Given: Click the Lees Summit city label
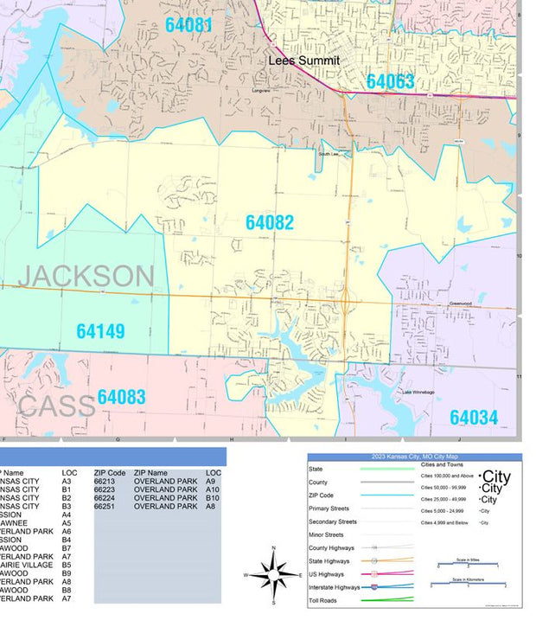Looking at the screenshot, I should (x=303, y=61).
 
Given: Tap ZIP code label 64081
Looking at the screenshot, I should (x=188, y=24).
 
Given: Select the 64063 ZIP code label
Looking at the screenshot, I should (x=390, y=81).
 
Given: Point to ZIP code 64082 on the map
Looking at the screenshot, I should (x=270, y=222).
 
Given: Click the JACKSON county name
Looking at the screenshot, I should (x=86, y=276).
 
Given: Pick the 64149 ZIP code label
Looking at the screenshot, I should (x=100, y=331).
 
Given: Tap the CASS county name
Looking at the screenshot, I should (x=56, y=406).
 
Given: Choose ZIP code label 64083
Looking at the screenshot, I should (x=121, y=397).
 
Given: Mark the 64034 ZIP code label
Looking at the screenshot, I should (x=474, y=418).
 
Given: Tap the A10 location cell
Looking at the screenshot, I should (x=214, y=489).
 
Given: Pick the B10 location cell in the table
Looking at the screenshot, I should (x=214, y=498).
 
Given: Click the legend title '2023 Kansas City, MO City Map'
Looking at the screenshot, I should (x=414, y=457).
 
